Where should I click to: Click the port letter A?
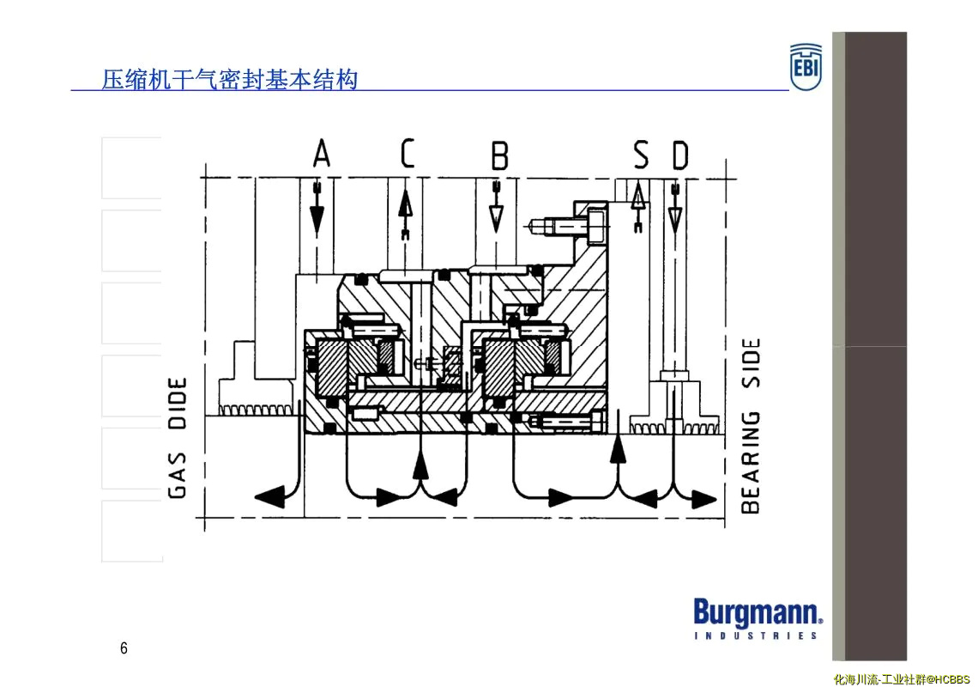coord(321,154)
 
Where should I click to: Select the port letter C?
coord(407,154)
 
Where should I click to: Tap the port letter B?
coord(500,155)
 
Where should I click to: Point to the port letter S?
coord(641,155)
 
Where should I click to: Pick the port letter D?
coord(680,155)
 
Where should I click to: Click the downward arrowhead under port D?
coord(675,220)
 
